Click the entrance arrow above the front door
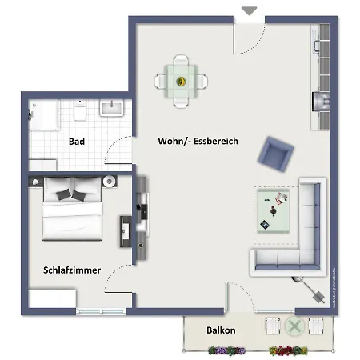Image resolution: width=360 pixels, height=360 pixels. [250, 11]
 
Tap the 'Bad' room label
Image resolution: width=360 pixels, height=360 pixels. [77, 142]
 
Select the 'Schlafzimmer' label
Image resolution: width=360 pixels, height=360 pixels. [72, 270]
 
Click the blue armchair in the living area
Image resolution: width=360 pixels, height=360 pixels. [278, 152]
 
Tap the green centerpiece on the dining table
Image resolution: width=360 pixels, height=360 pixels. [181, 81]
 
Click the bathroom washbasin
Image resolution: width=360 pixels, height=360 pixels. [112, 107]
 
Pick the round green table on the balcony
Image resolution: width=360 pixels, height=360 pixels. [294, 326]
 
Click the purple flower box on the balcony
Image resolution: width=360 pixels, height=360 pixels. [226, 350]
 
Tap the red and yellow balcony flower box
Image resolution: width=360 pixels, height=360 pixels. [288, 350]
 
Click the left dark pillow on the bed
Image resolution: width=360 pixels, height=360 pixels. [59, 193]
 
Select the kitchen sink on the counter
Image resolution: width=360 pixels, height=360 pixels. [323, 48]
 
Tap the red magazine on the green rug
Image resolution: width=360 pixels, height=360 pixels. [282, 198]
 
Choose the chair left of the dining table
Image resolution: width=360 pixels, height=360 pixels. [161, 81]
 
